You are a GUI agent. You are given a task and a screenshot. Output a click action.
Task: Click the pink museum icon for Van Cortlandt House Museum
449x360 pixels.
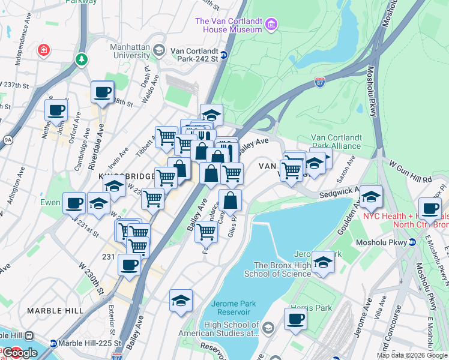pyautogui.click(x=271, y=25)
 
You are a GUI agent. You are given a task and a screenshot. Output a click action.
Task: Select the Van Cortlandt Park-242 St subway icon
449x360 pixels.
pyautogui.click(x=224, y=56)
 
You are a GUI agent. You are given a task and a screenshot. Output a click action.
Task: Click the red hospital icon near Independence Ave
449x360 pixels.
pyautogui.click(x=43, y=49)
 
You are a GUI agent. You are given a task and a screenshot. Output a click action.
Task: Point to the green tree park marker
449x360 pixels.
pyautogui.click(x=81, y=59)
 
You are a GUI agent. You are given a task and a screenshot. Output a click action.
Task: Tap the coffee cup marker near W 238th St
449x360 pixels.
pyautogui.click(x=103, y=92)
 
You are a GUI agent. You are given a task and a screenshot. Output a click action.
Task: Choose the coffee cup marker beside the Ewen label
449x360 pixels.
pyautogui.click(x=74, y=203)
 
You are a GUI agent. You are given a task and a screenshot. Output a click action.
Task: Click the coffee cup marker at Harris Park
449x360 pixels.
pyautogui.click(x=295, y=319)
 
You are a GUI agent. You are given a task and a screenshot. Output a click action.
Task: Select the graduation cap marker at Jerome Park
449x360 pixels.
pyautogui.click(x=323, y=262)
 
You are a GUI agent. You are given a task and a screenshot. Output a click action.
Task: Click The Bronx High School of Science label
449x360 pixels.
pyautogui.click(x=282, y=269)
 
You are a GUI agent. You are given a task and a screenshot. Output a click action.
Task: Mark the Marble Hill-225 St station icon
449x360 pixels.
pyautogui.click(x=53, y=344)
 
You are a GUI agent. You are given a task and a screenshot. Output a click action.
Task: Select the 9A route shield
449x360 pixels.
pyautogui.click(x=7, y=140)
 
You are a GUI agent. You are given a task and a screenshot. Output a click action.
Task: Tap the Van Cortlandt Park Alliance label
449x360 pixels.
pyautogui.click(x=336, y=142)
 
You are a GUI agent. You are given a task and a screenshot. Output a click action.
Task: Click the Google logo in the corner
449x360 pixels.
pyautogui.click(x=20, y=353)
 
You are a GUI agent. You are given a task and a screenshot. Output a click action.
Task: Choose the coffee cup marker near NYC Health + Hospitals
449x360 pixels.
pyautogui.click(x=429, y=208)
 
